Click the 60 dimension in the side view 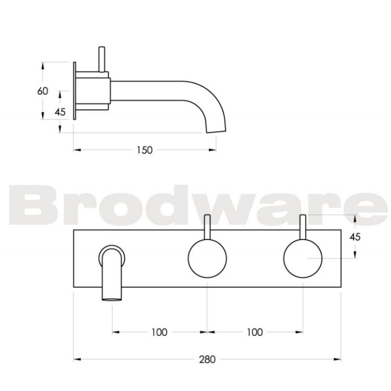[x=43, y=91]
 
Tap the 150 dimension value [x=145, y=150]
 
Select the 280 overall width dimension [x=207, y=359]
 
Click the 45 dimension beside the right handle [x=355, y=237]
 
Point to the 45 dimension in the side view [x=60, y=111]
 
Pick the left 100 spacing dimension [x=159, y=332]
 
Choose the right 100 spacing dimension [x=254, y=332]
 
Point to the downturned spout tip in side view [x=217, y=128]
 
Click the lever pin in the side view [x=101, y=59]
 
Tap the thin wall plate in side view [x=74, y=91]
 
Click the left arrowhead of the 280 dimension [x=76, y=359]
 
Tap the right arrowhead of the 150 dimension [x=214, y=150]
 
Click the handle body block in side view [x=93, y=89]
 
